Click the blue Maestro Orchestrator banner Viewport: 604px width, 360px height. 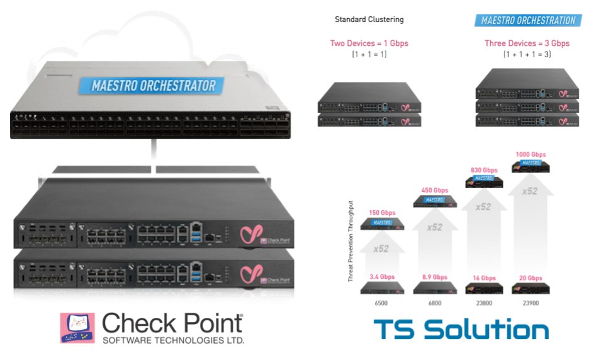[154, 86]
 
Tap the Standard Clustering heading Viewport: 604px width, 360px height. [369, 20]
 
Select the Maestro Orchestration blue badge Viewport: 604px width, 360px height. [528, 20]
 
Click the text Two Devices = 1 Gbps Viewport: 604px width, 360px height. [369, 43]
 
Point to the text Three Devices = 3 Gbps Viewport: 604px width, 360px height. [527, 43]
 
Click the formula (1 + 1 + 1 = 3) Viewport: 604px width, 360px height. [527, 55]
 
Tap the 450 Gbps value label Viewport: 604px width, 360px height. [435, 190]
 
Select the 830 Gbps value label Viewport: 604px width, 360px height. [483, 169]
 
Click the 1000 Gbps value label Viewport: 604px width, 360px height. [530, 154]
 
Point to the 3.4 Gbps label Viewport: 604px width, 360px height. [381, 277]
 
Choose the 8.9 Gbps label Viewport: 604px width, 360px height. [435, 277]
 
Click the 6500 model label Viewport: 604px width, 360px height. [381, 303]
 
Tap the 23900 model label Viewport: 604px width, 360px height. [530, 303]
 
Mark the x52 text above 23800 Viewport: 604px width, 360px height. [483, 206]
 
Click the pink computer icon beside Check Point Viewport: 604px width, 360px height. [77, 327]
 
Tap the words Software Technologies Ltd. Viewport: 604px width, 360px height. [172, 340]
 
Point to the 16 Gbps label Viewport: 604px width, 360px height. [483, 277]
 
